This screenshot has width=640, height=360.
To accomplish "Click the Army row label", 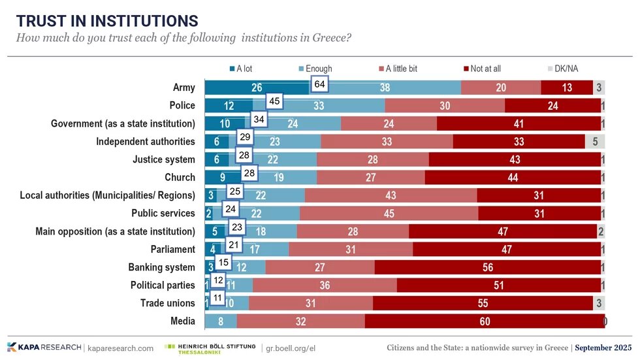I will pyautogui.click(x=184, y=88).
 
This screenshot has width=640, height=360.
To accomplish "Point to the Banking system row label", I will pyautogui.click(x=161, y=267).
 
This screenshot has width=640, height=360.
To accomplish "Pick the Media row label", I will pyautogui.click(x=182, y=321).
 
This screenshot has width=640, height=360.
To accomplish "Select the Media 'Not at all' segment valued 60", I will pyautogui.click(x=485, y=321).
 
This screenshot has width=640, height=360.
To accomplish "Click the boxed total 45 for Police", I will pyautogui.click(x=275, y=101).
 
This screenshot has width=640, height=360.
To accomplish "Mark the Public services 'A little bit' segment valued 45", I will pyautogui.click(x=389, y=213).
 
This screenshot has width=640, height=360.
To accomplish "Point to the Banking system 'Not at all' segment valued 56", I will pyautogui.click(x=487, y=267).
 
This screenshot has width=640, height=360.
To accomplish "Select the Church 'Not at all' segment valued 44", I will pyautogui.click(x=513, y=177).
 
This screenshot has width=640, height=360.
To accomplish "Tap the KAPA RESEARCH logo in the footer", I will pyautogui.click(x=44, y=348).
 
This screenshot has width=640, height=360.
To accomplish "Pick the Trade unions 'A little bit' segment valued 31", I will pyautogui.click(x=310, y=303).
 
